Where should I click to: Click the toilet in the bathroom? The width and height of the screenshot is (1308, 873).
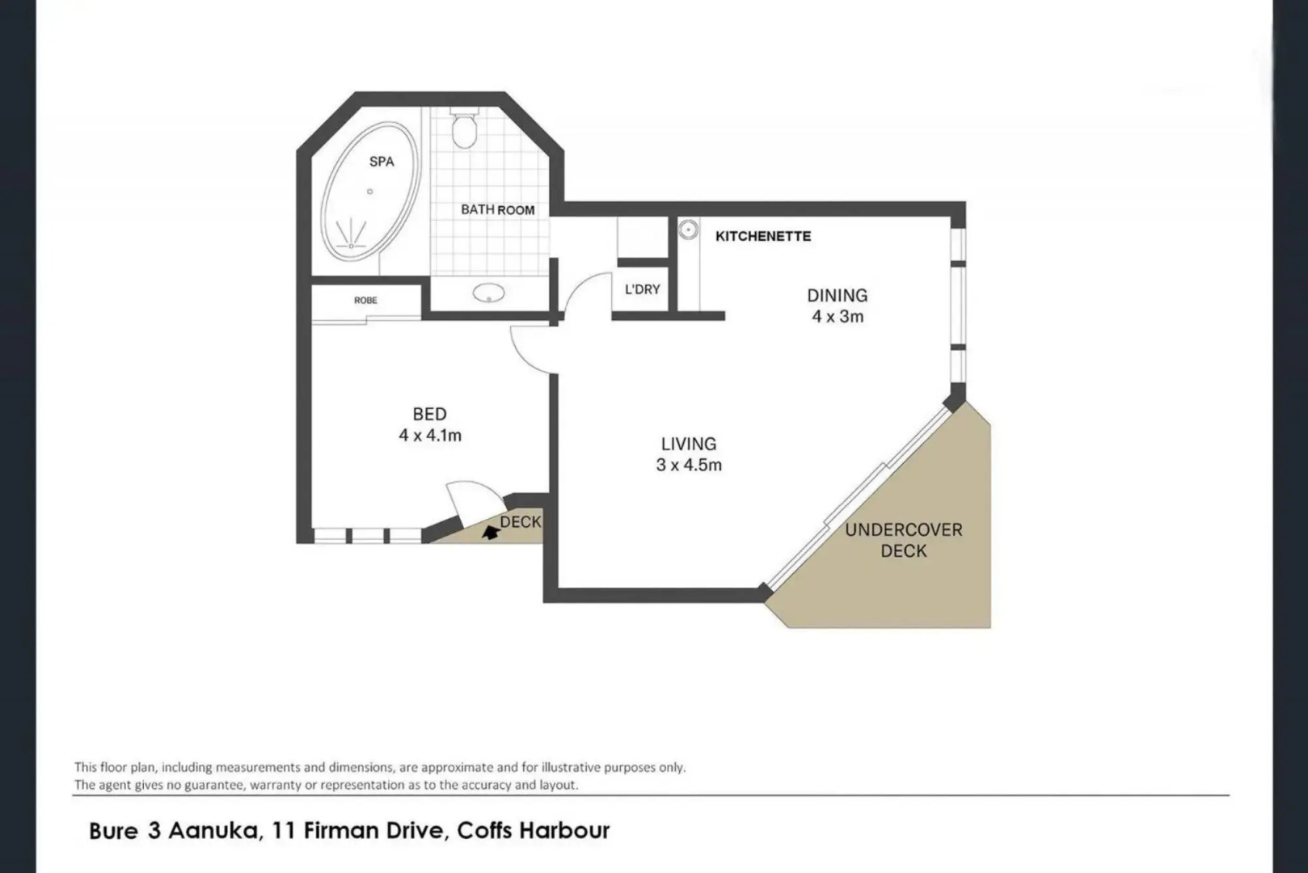(464, 128)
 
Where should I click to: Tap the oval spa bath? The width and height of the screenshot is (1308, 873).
(370, 192)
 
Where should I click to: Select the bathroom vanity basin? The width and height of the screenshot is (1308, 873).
(489, 293)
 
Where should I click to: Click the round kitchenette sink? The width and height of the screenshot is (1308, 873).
(689, 230)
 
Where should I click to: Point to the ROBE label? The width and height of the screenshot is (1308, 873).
(365, 300)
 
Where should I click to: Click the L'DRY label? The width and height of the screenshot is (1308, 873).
(643, 289)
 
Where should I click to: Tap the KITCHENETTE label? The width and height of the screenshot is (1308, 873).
(763, 236)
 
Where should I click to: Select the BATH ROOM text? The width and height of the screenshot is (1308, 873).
(497, 209)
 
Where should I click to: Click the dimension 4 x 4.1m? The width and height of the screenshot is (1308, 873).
(430, 435)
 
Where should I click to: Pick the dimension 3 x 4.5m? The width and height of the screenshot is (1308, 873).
(689, 465)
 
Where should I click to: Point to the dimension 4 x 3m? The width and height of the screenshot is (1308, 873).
(838, 317)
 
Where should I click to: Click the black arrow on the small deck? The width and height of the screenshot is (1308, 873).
(491, 532)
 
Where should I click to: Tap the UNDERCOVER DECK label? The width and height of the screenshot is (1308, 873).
(903, 540)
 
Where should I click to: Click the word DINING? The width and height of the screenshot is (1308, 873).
(838, 296)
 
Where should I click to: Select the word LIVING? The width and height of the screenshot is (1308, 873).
(689, 444)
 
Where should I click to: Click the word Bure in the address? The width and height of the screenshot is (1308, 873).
(113, 830)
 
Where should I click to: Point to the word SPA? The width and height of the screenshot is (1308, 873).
(382, 162)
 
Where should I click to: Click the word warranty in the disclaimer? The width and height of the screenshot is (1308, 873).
(272, 785)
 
